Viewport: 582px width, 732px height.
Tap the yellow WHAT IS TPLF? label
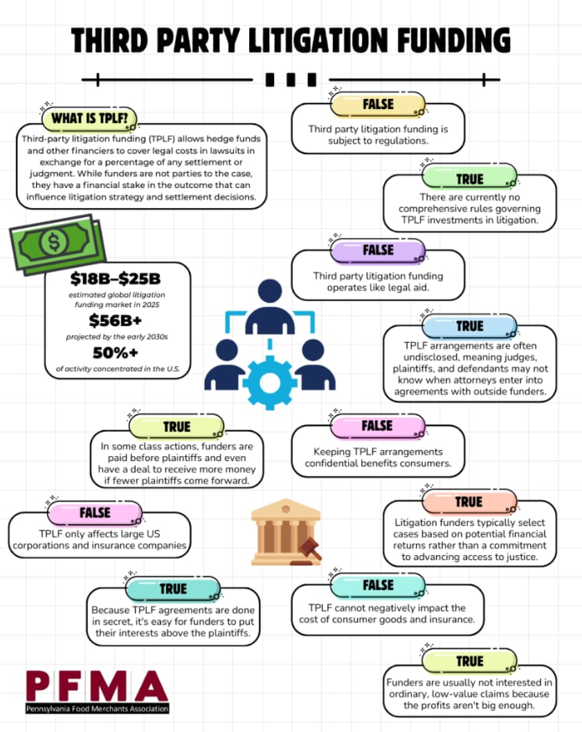click(89, 118)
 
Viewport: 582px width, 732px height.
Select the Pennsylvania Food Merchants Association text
click(96, 709)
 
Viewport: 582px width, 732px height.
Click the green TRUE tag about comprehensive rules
click(470, 179)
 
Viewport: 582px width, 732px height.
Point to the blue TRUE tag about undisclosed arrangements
click(470, 325)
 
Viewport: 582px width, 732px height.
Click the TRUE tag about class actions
click(177, 426)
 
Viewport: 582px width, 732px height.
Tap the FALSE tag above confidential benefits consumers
click(377, 426)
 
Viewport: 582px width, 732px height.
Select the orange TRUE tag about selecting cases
click(469, 501)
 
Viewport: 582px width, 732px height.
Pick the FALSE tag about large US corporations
click(95, 511)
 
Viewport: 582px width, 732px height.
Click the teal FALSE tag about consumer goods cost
click(378, 584)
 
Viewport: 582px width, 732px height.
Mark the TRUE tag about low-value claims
click(470, 661)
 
